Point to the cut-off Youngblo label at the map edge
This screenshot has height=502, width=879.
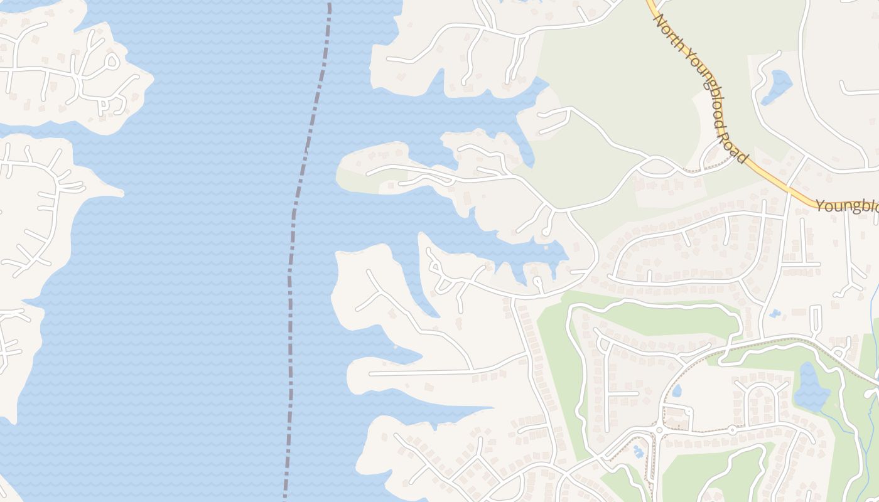[x=847, y=206]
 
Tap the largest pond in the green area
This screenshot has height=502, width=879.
[x=811, y=387]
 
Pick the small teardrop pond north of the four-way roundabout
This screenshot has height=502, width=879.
[x=677, y=391]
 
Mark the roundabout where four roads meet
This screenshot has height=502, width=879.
[x=660, y=430]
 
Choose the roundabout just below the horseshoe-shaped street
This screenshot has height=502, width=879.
[x=732, y=430]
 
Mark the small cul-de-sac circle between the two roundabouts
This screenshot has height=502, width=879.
[x=689, y=411]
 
